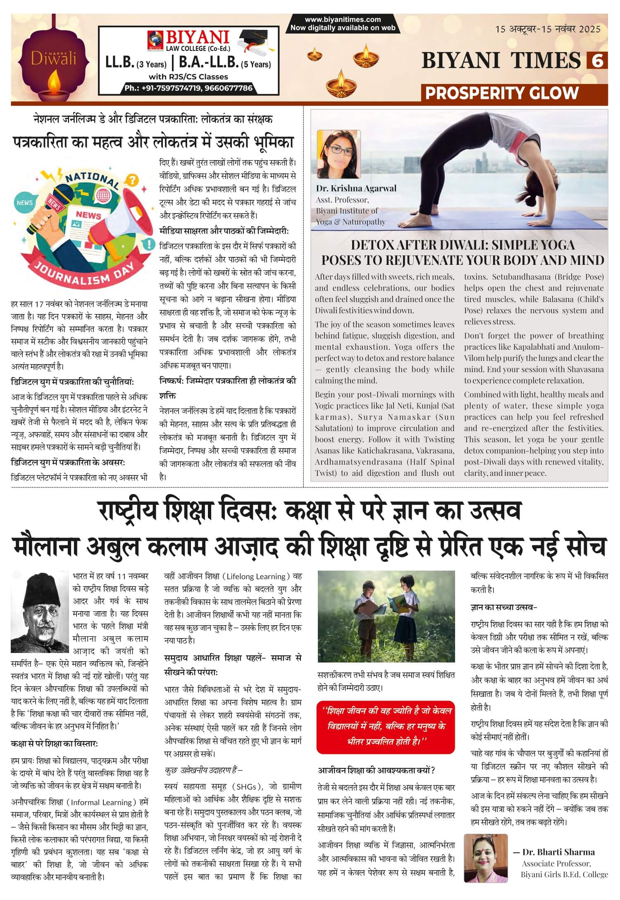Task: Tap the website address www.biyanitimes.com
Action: click(x=343, y=19)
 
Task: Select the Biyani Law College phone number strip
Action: click(x=188, y=88)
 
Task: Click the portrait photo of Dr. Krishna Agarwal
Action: click(x=339, y=154)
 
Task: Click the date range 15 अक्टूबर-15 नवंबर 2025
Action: click(x=548, y=29)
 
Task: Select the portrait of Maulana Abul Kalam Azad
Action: click(x=40, y=612)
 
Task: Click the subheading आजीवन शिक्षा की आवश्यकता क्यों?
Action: click(x=376, y=770)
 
